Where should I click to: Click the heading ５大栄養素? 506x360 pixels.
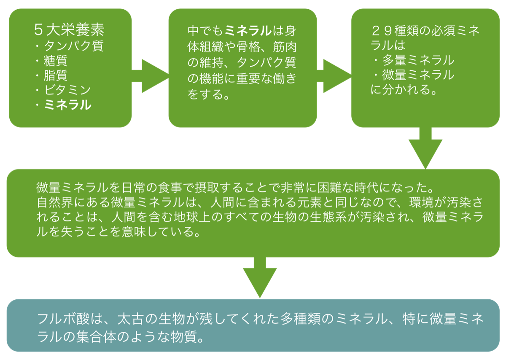[69, 30]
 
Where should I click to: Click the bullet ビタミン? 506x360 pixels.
[67, 90]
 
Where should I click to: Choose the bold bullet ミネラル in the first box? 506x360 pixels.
[67, 105]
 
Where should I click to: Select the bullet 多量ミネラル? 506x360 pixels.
[418, 60]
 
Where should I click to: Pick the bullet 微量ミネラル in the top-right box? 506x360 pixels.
[418, 75]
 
